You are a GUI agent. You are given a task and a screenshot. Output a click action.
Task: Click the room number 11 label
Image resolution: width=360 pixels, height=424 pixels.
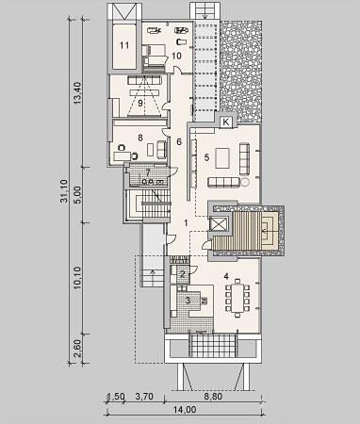pyautogui.click(x=124, y=45)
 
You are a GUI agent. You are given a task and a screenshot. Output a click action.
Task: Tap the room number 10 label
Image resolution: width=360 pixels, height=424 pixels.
pyautogui.click(x=176, y=56)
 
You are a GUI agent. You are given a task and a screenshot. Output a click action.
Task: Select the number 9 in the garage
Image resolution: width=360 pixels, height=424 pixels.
pyautogui.click(x=139, y=103)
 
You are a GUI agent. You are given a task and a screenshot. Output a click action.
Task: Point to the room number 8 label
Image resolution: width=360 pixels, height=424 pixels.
pyautogui.click(x=140, y=138)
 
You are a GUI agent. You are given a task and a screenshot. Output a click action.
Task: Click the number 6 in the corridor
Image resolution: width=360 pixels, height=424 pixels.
pyautogui.click(x=179, y=141)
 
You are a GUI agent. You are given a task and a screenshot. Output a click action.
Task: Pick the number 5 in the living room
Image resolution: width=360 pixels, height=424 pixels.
pyautogui.click(x=206, y=157)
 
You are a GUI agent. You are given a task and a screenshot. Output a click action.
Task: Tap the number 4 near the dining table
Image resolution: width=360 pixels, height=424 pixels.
pyautogui.click(x=226, y=276)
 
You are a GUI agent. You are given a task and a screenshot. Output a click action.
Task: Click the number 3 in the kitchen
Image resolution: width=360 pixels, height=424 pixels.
pyautogui.click(x=188, y=301)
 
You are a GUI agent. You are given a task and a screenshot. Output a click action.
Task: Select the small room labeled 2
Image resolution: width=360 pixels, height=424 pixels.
pyautogui.click(x=183, y=274)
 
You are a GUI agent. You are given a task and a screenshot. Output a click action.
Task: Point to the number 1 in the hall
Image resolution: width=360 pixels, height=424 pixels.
pyautogui.click(x=186, y=223)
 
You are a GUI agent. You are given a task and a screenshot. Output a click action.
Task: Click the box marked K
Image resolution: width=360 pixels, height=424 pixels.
pyautogui.click(x=226, y=122)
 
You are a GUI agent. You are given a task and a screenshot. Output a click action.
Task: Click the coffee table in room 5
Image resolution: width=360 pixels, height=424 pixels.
pyautogui.click(x=222, y=158)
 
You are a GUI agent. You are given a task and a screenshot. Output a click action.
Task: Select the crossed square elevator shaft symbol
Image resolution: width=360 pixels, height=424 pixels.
pyautogui.click(x=219, y=224)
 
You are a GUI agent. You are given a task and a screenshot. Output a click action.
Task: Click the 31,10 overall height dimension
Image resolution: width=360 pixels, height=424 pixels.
pyautogui.click(x=65, y=191)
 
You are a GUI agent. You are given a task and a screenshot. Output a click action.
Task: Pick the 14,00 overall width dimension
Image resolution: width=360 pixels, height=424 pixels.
pyautogui.click(x=185, y=410)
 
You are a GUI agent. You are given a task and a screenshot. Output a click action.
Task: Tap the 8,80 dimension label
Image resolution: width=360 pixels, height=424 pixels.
pyautogui.click(x=213, y=397)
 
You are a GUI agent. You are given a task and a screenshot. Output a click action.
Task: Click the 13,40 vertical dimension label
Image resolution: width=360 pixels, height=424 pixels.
pyautogui.click(x=77, y=93)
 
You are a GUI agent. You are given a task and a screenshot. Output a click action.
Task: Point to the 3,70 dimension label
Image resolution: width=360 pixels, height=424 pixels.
pyautogui.click(x=144, y=397)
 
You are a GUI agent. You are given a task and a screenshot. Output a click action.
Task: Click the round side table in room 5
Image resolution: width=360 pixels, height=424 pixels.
pyautogui.click(x=245, y=182)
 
